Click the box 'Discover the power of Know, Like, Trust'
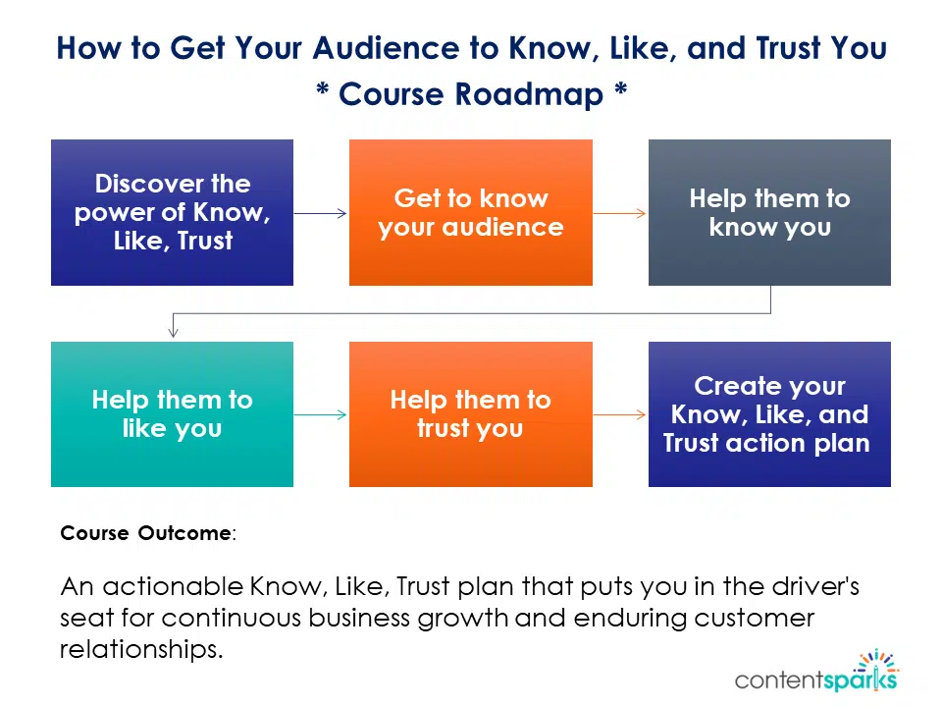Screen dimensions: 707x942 coord(172,212)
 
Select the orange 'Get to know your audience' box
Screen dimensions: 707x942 coord(471,212)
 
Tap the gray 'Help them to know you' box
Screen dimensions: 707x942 coord(769,212)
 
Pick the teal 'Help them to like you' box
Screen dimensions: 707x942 coord(172,414)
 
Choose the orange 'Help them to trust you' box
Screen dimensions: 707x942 coord(471,414)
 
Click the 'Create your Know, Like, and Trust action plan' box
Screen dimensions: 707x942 coord(769,414)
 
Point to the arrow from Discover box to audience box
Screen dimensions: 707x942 coord(321,213)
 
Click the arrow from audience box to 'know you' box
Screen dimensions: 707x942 coord(620,213)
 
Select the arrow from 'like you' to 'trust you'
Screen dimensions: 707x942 coord(321,415)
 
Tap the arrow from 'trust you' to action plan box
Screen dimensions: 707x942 coord(620,415)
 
